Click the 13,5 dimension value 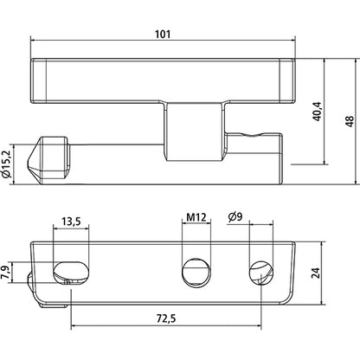[x=73, y=222]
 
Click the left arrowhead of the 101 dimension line [x=34, y=41]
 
